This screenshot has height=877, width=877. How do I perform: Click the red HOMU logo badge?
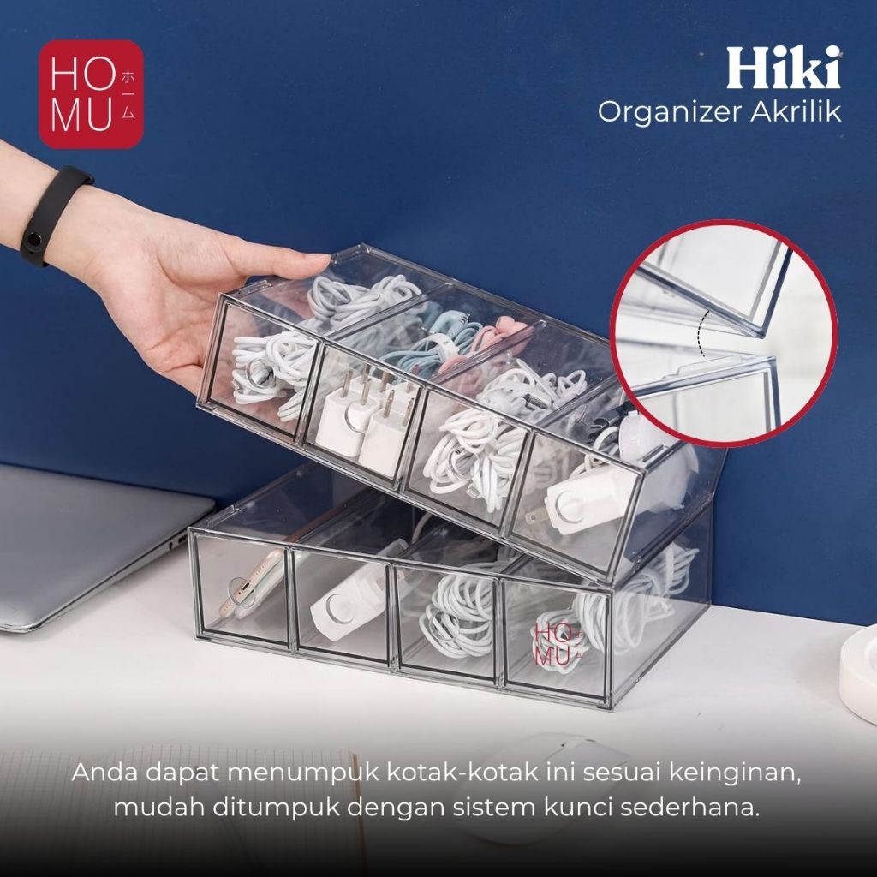coord(91,94)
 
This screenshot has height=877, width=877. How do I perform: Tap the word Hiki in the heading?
coord(784,68)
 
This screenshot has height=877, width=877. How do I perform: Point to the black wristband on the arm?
coord(51,214)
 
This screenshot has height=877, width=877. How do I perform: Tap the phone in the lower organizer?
coord(252,582)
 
